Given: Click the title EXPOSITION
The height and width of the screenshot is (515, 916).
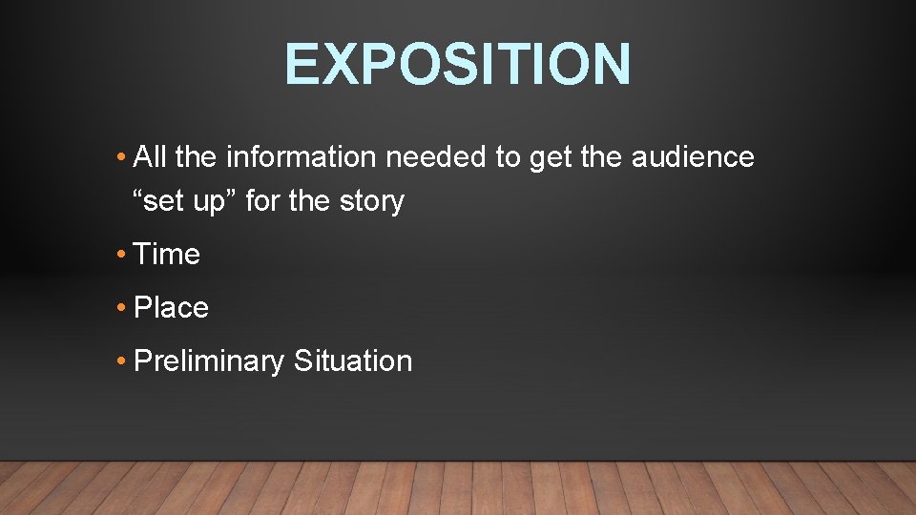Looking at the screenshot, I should [x=457, y=64].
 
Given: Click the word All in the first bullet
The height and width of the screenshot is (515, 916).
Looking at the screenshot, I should [x=151, y=156].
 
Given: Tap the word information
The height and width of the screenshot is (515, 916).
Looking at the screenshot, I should [x=287, y=156].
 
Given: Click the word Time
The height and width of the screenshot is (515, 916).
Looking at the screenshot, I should [x=167, y=255].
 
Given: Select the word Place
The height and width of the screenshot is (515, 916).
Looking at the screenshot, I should [x=172, y=308].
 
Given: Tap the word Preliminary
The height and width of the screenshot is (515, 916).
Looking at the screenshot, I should [x=210, y=361].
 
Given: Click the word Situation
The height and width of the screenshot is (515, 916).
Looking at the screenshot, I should [x=353, y=361].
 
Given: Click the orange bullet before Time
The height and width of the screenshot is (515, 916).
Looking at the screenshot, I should [x=121, y=256].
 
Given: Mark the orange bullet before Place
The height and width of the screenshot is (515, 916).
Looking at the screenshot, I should [x=121, y=309].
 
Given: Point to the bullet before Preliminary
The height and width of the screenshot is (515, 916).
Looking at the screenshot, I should [x=121, y=362].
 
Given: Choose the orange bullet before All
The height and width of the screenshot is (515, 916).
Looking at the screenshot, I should [x=121, y=157].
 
